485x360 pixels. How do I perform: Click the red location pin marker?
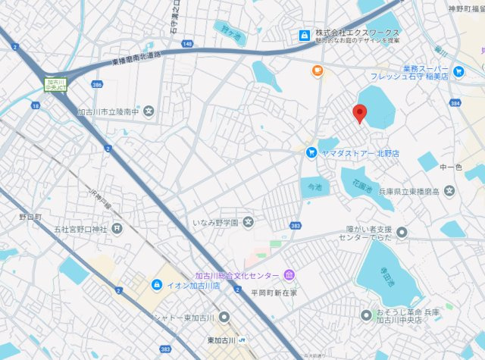[x=361, y=114]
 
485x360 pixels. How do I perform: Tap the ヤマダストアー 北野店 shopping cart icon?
[x=311, y=152]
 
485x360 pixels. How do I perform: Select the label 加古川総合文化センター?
[x=238, y=275]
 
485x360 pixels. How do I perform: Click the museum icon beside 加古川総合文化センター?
[x=289, y=274]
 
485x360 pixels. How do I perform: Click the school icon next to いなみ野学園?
[x=249, y=222]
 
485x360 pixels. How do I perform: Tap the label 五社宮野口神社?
[x=78, y=227]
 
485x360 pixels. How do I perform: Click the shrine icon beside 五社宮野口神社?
[x=117, y=227]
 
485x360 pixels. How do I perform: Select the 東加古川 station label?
[x=221, y=339]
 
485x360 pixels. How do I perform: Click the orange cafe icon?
[x=318, y=71]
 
